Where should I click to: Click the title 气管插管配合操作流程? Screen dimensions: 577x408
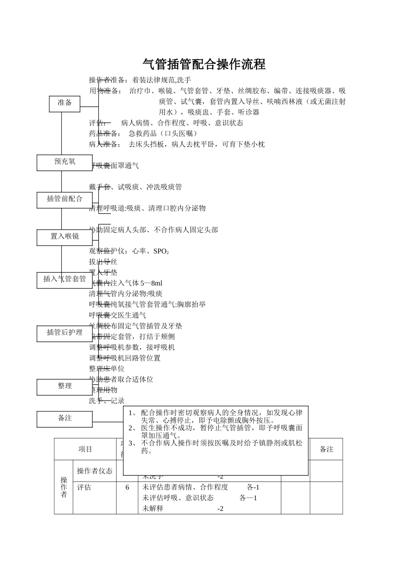[x=204, y=64]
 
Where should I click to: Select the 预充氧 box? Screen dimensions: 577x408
[x=64, y=162]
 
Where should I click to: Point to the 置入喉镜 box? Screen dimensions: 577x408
[x=64, y=237]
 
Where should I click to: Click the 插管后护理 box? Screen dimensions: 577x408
[x=64, y=333]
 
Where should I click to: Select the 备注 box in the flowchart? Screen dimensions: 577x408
[x=64, y=419]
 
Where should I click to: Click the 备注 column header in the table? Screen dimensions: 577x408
[x=326, y=449]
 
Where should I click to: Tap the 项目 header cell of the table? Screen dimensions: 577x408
[x=85, y=449]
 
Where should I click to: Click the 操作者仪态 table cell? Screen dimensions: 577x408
[x=94, y=471]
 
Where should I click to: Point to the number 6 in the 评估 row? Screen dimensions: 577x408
[x=127, y=488]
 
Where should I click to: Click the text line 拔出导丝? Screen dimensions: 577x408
[x=103, y=262]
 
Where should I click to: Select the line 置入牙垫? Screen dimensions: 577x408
[x=103, y=273]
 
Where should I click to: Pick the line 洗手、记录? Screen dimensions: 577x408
[x=107, y=401]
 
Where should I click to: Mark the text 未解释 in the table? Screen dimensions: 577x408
[x=152, y=509]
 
